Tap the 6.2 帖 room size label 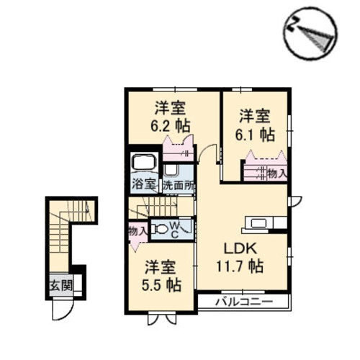click(171, 126)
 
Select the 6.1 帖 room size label click(255, 135)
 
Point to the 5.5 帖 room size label click(161, 285)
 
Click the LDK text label click(240, 249)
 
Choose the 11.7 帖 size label click(240, 266)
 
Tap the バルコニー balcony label click(244, 302)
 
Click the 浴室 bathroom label click(144, 184)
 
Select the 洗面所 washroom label click(179, 185)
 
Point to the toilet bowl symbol click(159, 229)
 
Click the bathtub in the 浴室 click(145, 161)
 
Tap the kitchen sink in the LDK click(258, 223)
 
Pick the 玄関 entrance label click(61, 286)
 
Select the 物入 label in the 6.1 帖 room click(277, 174)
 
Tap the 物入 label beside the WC click(138, 232)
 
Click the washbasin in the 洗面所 click(171, 170)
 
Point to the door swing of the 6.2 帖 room click(208, 153)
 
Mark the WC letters click(175, 230)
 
